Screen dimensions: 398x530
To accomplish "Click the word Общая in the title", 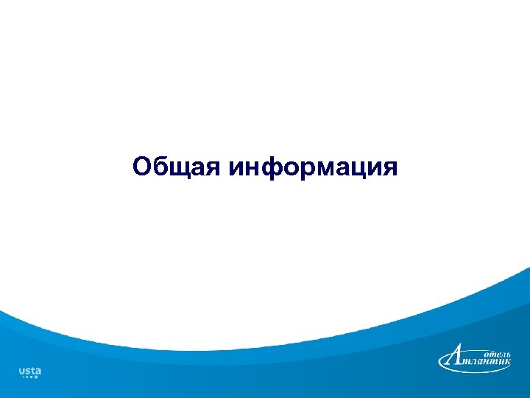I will (x=177, y=167).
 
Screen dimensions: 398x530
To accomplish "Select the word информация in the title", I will (x=314, y=167).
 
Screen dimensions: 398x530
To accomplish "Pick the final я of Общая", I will (x=213, y=167).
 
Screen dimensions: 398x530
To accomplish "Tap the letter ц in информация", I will (x=364, y=168).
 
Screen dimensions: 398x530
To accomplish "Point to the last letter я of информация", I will (x=389, y=167).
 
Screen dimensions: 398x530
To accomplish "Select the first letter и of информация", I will (x=237, y=167).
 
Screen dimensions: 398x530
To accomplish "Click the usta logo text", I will (x=29, y=370).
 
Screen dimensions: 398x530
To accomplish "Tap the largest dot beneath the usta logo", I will (x=35, y=377).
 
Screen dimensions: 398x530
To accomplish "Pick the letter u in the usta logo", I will (x=21, y=371).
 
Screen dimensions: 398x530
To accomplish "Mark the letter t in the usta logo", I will (x=32, y=370).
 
